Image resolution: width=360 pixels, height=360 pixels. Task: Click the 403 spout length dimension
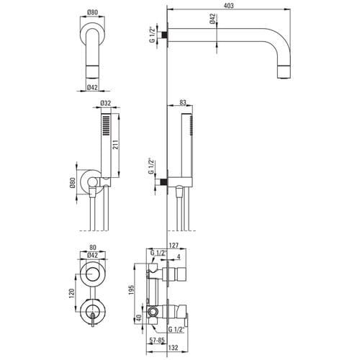[x=228, y=6]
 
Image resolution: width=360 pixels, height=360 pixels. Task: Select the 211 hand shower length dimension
[x=115, y=145]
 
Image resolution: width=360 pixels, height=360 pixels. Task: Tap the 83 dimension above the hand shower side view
[x=183, y=102]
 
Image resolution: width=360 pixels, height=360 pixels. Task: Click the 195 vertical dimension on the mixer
[x=131, y=290]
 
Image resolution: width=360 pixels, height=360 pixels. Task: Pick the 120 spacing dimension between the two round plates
[x=72, y=294]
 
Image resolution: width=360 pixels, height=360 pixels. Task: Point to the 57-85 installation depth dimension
[x=157, y=340]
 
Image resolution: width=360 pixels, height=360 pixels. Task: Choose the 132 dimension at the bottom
[x=174, y=348]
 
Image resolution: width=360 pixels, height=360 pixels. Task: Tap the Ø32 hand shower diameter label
[x=106, y=103]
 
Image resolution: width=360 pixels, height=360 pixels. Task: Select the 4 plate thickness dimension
[x=179, y=256]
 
